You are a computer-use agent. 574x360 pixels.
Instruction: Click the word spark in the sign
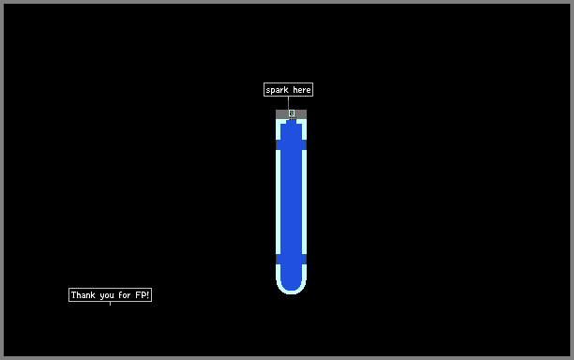[277, 90]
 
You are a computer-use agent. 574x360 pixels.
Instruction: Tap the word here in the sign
[302, 90]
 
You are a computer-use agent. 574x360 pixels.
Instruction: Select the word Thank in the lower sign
[83, 295]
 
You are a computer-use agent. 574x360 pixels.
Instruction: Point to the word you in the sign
[107, 295]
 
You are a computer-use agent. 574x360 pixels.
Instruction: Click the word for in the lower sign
[125, 295]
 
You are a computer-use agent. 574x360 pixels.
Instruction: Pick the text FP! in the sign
[142, 295]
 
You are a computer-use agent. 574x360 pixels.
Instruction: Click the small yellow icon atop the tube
[292, 113]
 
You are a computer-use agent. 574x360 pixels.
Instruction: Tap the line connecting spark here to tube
[288, 103]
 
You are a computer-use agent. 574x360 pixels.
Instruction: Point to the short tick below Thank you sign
[110, 304]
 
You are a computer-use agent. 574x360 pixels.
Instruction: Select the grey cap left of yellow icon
[282, 114]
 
